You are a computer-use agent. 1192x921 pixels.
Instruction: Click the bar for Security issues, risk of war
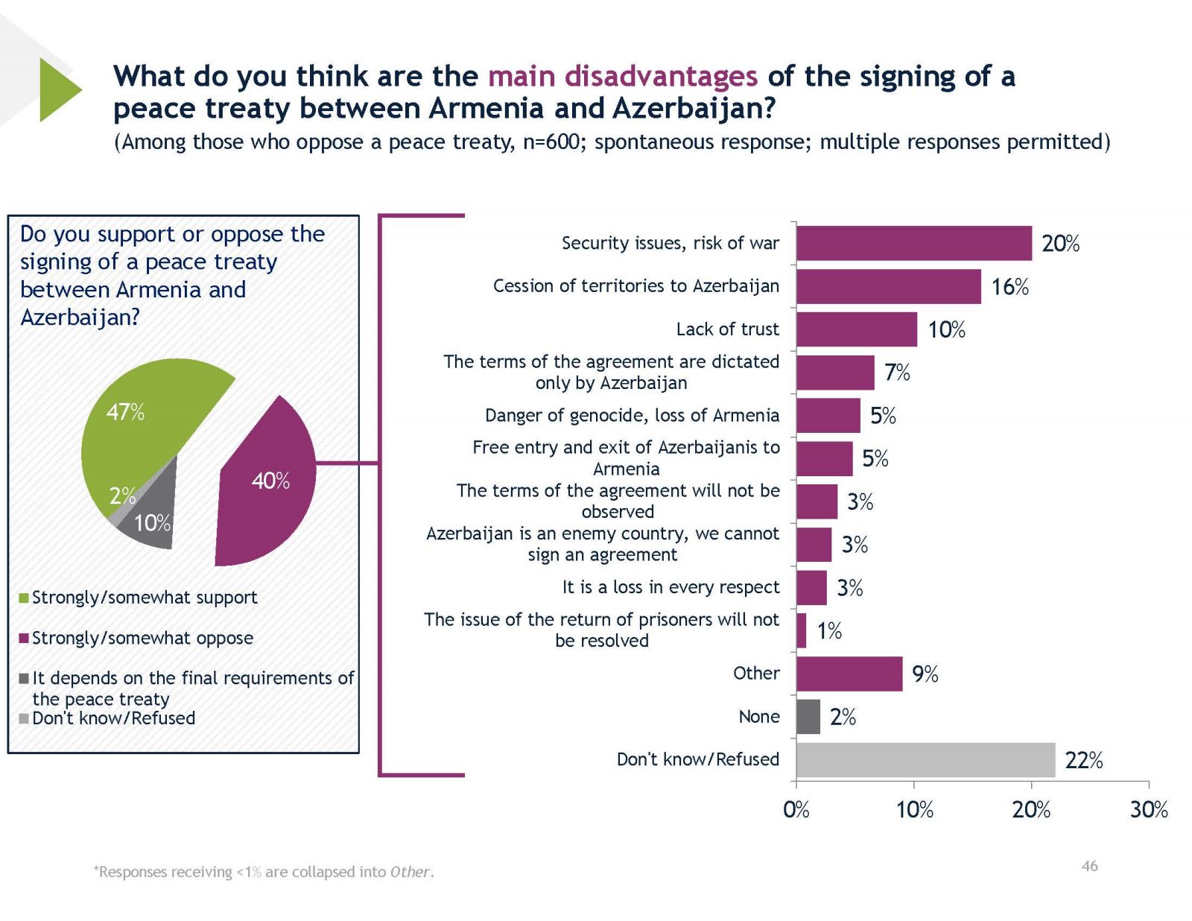tap(913, 244)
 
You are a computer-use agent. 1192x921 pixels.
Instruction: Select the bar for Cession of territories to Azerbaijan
tap(888, 287)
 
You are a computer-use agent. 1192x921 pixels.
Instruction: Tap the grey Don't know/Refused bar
tap(925, 760)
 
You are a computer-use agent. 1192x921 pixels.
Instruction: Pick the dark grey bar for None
tap(808, 717)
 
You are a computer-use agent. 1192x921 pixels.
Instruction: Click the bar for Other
tap(849, 674)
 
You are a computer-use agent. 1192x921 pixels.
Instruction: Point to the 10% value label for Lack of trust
tap(946, 330)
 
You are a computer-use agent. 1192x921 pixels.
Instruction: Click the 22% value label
tap(1083, 760)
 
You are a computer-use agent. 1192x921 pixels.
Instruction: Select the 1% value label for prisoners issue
tap(829, 631)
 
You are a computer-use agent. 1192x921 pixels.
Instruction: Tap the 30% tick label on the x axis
tap(1148, 810)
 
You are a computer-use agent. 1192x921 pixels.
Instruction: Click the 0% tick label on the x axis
tap(796, 810)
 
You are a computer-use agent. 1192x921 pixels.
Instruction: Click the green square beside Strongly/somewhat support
tap(24, 598)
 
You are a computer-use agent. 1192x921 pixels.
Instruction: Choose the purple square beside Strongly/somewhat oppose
tap(24, 639)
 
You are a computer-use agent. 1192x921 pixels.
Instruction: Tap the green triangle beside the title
tap(57, 90)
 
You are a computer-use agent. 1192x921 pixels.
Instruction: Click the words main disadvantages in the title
tap(623, 76)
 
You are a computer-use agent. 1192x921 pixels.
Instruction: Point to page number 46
tap(1089, 866)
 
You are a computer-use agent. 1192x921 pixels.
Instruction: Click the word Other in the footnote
tap(409, 872)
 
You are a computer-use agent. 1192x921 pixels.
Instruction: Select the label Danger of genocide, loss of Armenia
tap(632, 416)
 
